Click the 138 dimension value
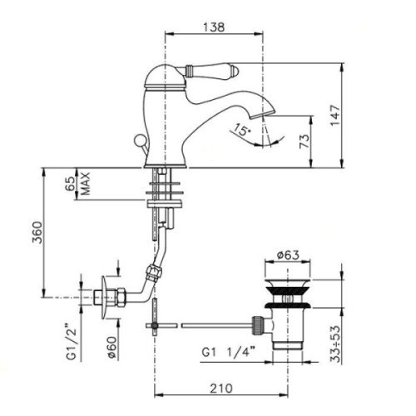click(214, 27)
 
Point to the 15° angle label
click(241, 131)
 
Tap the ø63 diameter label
click(285, 255)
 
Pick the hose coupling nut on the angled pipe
click(151, 270)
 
